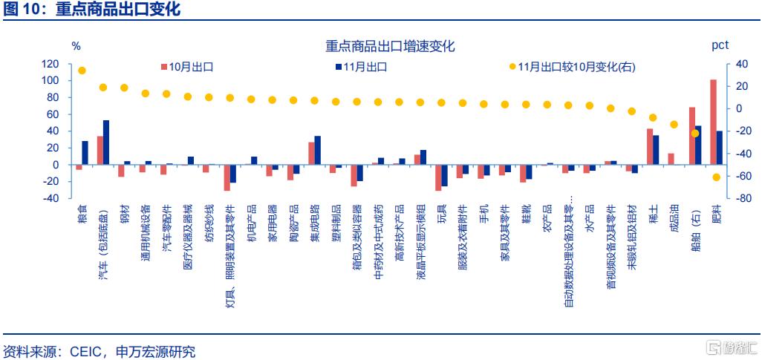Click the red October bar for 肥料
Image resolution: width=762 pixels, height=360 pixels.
tap(713, 122)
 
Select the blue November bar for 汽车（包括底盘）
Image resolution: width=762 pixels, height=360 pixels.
tap(106, 142)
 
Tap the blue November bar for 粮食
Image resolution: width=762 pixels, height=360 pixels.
tap(85, 152)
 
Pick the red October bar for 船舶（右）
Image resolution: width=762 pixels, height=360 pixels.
tap(692, 135)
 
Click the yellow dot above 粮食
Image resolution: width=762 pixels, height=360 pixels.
tap(82, 71)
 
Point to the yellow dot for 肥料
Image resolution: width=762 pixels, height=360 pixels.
tap(716, 177)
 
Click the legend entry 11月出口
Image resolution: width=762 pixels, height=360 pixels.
tap(365, 66)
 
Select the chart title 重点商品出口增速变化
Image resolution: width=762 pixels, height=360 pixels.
tap(390, 46)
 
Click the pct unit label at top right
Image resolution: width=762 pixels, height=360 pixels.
tap(720, 45)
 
